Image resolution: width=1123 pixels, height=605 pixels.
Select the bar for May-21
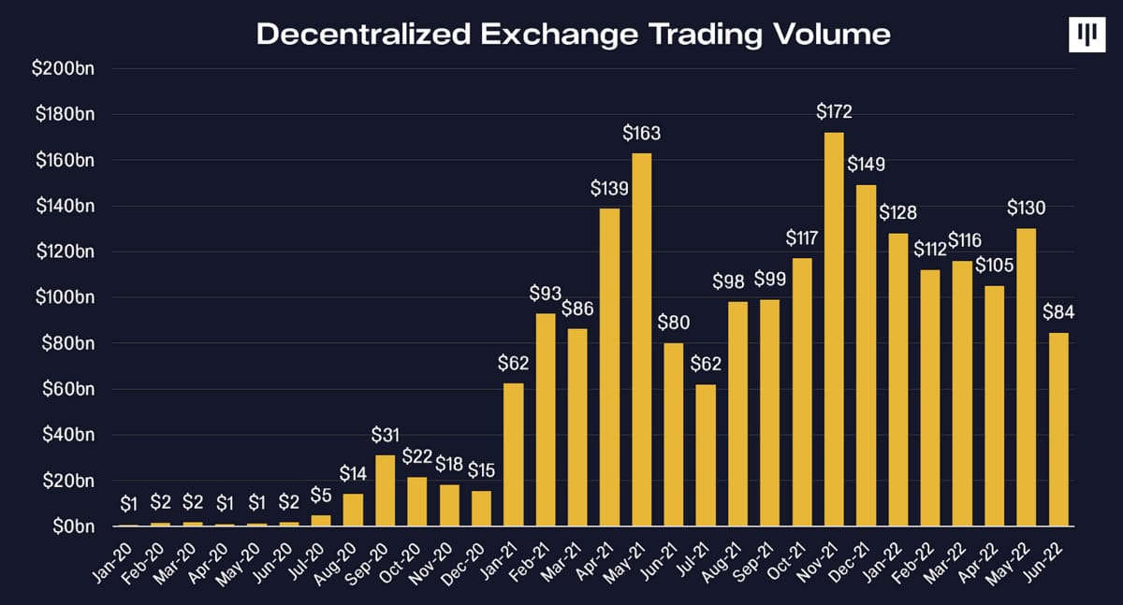click(x=642, y=339)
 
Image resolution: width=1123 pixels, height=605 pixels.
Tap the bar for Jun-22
click(x=1058, y=429)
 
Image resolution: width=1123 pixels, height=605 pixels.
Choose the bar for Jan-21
click(x=513, y=454)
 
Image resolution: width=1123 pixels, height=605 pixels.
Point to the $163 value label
click(x=642, y=133)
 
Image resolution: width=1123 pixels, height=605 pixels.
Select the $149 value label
click(x=866, y=165)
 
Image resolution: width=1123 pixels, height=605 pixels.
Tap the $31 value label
click(x=385, y=435)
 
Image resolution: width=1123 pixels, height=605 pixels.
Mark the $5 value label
click(x=320, y=495)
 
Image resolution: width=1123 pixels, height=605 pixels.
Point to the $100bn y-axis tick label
click(x=70, y=297)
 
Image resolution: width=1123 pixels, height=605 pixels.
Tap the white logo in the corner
click(x=1087, y=36)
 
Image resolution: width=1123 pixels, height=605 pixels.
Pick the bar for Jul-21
click(x=707, y=455)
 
